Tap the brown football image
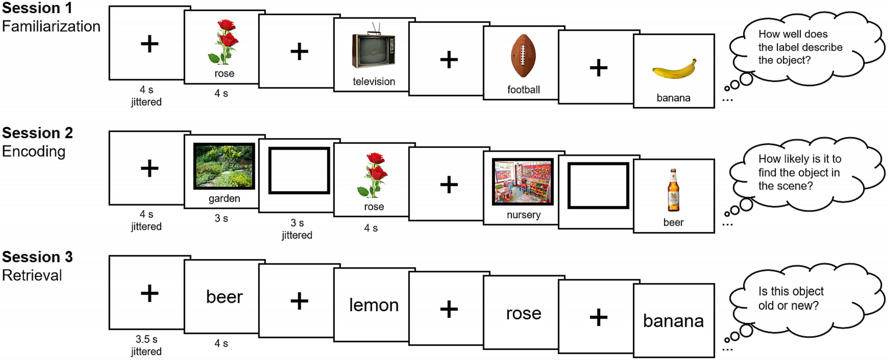[523, 56]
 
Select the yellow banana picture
[674, 70]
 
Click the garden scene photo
[224, 166]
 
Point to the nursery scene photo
[523, 182]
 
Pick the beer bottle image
[674, 190]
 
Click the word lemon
[374, 305]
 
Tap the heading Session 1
[37, 8]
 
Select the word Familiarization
[51, 26]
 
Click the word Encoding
[34, 151]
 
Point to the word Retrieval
[32, 275]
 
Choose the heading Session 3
[37, 257]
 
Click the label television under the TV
[374, 82]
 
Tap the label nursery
[523, 215]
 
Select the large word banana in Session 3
[673, 320]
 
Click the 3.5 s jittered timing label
[146, 345]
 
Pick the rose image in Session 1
[224, 43]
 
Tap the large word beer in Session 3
[224, 297]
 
